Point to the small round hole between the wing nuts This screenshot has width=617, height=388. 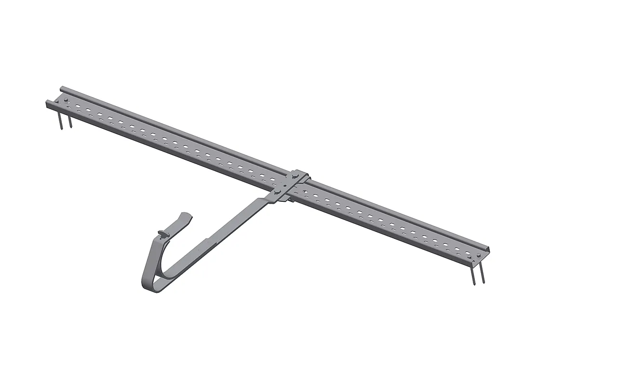coord(285,184)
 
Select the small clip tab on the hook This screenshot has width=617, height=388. coord(162,235)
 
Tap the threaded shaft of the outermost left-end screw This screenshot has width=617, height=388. coord(61,121)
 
